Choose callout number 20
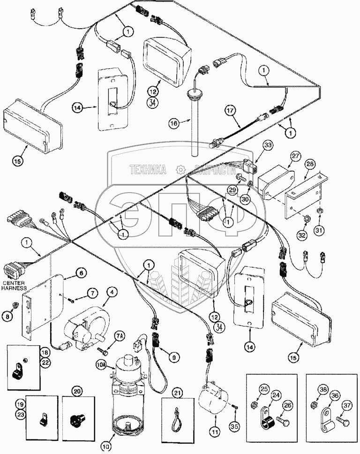pos(76,390)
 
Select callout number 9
pos(173,357)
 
